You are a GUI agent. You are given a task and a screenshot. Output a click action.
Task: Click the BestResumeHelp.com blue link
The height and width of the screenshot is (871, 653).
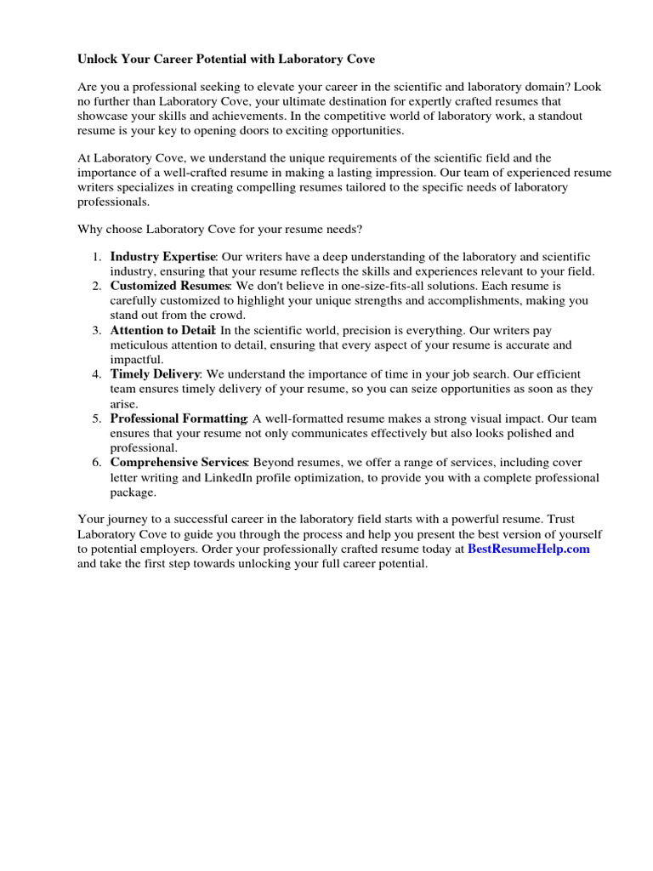(x=528, y=549)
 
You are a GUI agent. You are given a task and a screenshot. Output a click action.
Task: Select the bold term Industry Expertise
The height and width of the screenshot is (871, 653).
(x=163, y=257)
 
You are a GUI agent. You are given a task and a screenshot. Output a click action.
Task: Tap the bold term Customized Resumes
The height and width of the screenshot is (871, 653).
(x=170, y=286)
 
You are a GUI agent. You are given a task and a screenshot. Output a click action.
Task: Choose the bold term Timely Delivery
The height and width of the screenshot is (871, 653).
(x=155, y=374)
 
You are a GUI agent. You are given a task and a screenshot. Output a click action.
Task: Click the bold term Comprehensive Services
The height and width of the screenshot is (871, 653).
(x=179, y=462)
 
